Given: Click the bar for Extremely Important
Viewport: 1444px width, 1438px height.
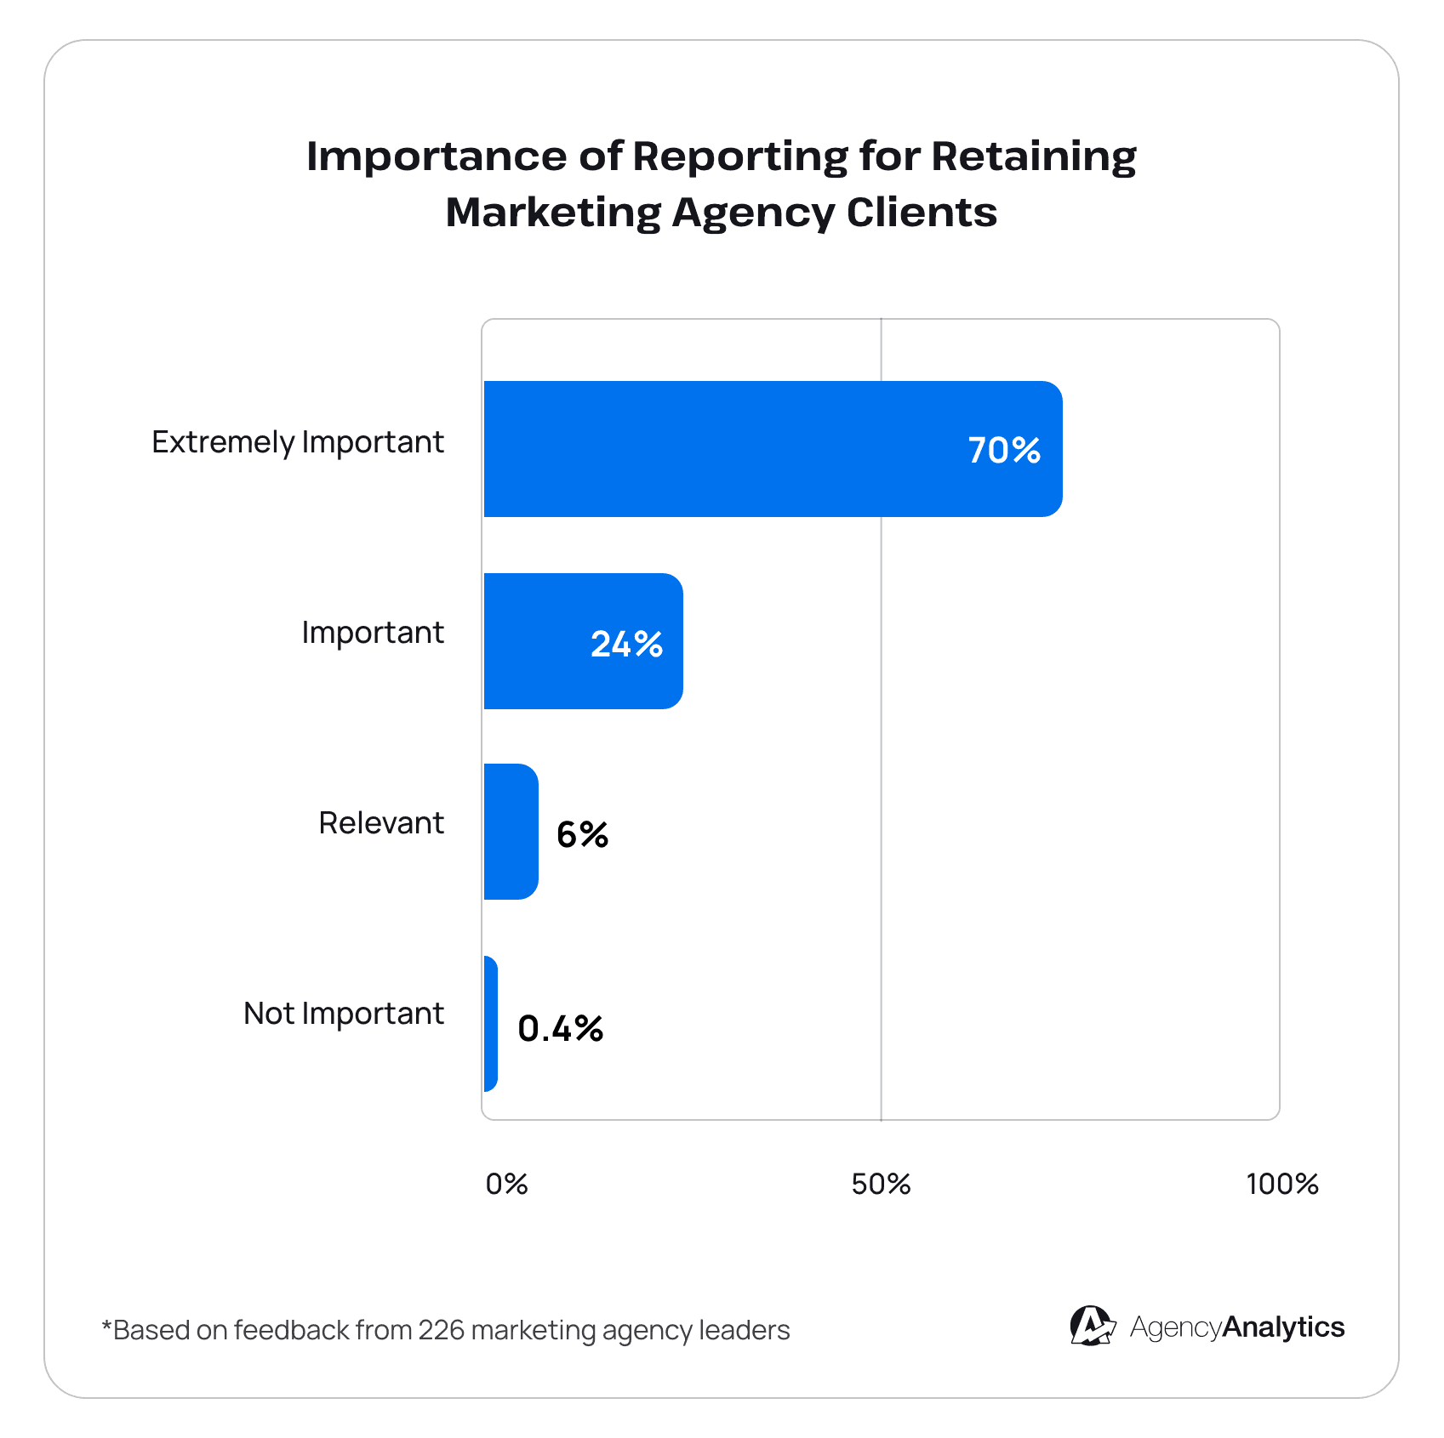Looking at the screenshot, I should pyautogui.click(x=723, y=449).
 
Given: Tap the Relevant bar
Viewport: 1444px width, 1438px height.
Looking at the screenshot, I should pyautogui.click(x=511, y=832).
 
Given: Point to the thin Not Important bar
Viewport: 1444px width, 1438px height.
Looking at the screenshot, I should pyautogui.click(x=490, y=1024).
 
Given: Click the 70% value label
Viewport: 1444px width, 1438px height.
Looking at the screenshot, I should pyautogui.click(x=1004, y=450).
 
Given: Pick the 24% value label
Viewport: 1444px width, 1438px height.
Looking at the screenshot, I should pyautogui.click(x=626, y=644).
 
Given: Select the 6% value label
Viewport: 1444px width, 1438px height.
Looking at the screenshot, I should pyautogui.click(x=582, y=834).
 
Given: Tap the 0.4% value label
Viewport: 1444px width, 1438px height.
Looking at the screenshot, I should pyautogui.click(x=560, y=1028).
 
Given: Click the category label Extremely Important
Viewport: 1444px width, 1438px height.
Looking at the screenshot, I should pyautogui.click(x=298, y=442).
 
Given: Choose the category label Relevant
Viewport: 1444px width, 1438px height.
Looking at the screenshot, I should pyautogui.click(x=381, y=823).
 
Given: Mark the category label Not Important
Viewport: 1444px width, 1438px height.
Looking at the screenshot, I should pyautogui.click(x=344, y=1014).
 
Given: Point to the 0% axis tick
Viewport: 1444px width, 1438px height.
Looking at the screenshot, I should pyautogui.click(x=506, y=1184).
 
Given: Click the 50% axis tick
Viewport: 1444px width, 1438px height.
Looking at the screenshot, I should pyautogui.click(x=881, y=1184).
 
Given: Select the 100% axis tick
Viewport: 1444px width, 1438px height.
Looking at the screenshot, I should pyautogui.click(x=1281, y=1184).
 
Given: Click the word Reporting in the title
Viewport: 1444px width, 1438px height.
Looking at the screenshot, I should pyautogui.click(x=739, y=157).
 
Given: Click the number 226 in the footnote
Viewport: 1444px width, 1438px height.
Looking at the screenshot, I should pyautogui.click(x=441, y=1330).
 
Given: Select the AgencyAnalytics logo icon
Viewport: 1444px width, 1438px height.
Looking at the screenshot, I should pyautogui.click(x=1092, y=1327).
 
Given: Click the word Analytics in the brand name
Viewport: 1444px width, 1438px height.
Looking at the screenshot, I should pyautogui.click(x=1283, y=1327).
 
